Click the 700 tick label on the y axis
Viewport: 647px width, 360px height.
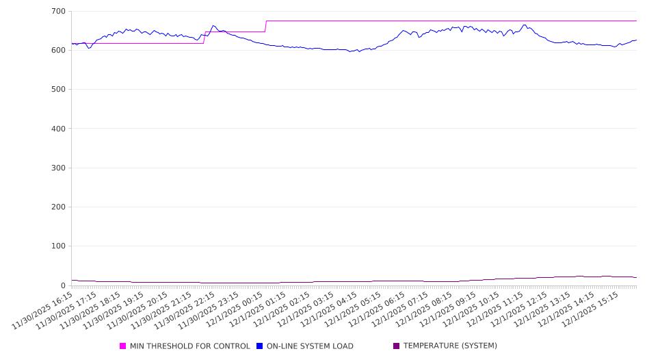(x=58, y=12)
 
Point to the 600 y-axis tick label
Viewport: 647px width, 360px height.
(x=58, y=51)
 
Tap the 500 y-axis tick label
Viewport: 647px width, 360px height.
(x=58, y=90)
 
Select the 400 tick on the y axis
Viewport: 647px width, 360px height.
(x=58, y=129)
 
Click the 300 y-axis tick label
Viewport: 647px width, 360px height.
(x=58, y=168)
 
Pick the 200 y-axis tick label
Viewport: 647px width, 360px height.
(x=58, y=207)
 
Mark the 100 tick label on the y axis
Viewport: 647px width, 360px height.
(x=58, y=246)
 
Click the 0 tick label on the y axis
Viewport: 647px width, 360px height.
(x=62, y=285)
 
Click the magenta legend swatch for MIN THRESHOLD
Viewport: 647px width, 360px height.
(x=123, y=346)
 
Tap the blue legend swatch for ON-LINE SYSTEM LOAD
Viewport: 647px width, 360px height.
(x=260, y=346)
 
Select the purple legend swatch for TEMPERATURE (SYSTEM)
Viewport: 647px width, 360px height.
(x=396, y=346)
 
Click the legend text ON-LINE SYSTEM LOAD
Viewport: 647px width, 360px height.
(x=310, y=346)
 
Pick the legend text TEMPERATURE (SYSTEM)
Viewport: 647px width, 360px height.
(x=450, y=346)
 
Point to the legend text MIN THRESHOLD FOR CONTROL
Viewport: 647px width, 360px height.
(x=189, y=346)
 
